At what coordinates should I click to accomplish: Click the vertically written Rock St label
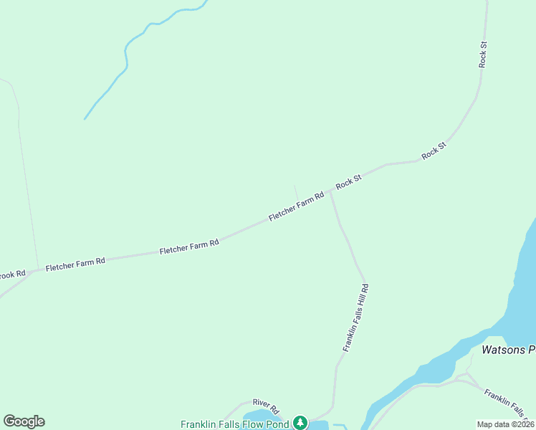click(x=484, y=54)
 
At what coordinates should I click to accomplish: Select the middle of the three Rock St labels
click(x=434, y=150)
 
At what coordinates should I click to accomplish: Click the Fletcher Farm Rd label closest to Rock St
click(x=297, y=206)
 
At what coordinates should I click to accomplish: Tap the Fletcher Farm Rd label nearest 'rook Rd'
click(x=75, y=264)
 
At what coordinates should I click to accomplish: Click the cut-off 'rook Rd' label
click(x=12, y=274)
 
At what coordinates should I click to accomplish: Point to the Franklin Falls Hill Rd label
click(x=355, y=317)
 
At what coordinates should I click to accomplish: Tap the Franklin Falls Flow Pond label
click(x=234, y=424)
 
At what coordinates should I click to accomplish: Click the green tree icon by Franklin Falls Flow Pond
click(x=301, y=423)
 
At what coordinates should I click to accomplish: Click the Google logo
click(x=24, y=421)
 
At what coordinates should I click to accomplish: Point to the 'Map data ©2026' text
click(x=505, y=424)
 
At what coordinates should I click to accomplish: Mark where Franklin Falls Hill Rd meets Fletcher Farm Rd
click(x=330, y=193)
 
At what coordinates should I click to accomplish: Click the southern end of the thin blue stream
click(x=85, y=118)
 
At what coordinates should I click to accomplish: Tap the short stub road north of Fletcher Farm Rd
click(x=296, y=193)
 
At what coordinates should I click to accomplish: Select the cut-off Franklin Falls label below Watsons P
click(x=509, y=403)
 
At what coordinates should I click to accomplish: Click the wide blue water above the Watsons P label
click(x=522, y=287)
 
